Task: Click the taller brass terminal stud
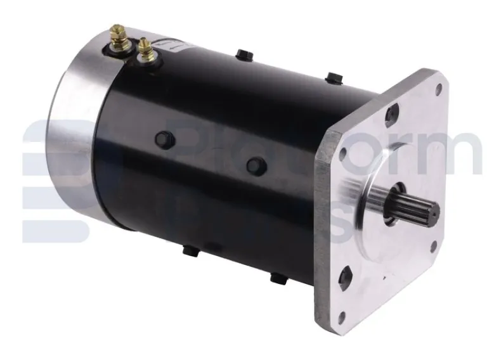119,37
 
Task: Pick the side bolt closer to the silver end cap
163,138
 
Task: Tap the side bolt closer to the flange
255,165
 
